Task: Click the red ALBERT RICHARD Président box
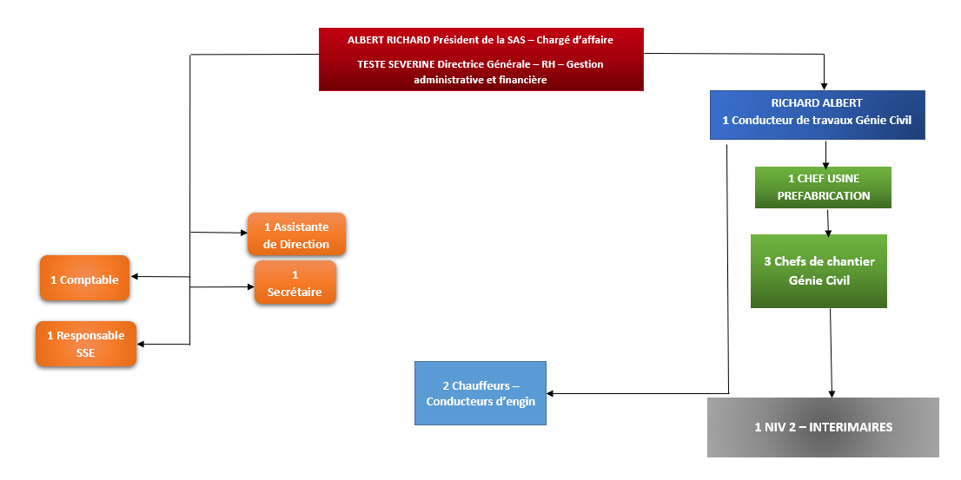[x=480, y=59]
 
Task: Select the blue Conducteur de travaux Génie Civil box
[x=816, y=115]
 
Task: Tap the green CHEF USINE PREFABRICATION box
[x=823, y=187]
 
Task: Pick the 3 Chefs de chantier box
[x=819, y=271]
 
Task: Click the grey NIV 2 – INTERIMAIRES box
[x=823, y=427]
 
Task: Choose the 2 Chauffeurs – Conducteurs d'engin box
[x=480, y=393]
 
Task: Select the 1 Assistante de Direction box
[x=296, y=234]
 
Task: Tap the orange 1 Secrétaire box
[x=295, y=283]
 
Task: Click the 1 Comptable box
[x=84, y=279]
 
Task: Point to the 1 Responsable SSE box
[x=85, y=344]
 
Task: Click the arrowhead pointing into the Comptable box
[x=136, y=277]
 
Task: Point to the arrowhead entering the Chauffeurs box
[x=552, y=394]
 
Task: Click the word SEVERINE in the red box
[x=408, y=64]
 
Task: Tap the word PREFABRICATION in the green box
[x=823, y=196]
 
